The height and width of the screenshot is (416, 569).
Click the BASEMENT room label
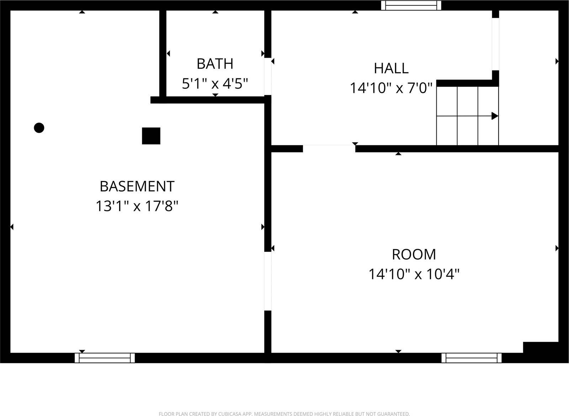[x=137, y=186]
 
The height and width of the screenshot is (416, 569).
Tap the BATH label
[x=215, y=64]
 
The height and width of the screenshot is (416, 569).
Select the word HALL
[x=391, y=68]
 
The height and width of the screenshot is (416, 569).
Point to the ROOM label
[x=414, y=255]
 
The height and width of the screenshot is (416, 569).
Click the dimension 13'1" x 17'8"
[x=137, y=206]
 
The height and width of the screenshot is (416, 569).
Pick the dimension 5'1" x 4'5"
[x=215, y=84]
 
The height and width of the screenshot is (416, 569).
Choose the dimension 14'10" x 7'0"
[x=391, y=88]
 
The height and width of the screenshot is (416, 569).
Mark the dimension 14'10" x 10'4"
[x=414, y=275]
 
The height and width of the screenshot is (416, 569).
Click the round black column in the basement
[x=39, y=128]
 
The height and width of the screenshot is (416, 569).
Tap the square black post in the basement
[x=151, y=136]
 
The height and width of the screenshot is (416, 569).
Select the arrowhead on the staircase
[x=495, y=116]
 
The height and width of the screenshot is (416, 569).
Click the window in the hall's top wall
[x=411, y=5]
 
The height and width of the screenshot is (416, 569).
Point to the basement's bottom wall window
[x=105, y=358]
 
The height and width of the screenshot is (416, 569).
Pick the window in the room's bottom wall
[x=472, y=358]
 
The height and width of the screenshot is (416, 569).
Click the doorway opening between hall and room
[x=329, y=149]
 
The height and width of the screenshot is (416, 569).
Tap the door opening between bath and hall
[x=268, y=76]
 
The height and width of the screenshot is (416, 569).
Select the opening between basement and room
[x=268, y=281]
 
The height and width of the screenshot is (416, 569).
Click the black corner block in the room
[x=541, y=347]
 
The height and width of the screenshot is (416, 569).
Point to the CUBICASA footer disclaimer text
[x=284, y=414]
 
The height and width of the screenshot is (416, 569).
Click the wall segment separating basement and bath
[x=163, y=53]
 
